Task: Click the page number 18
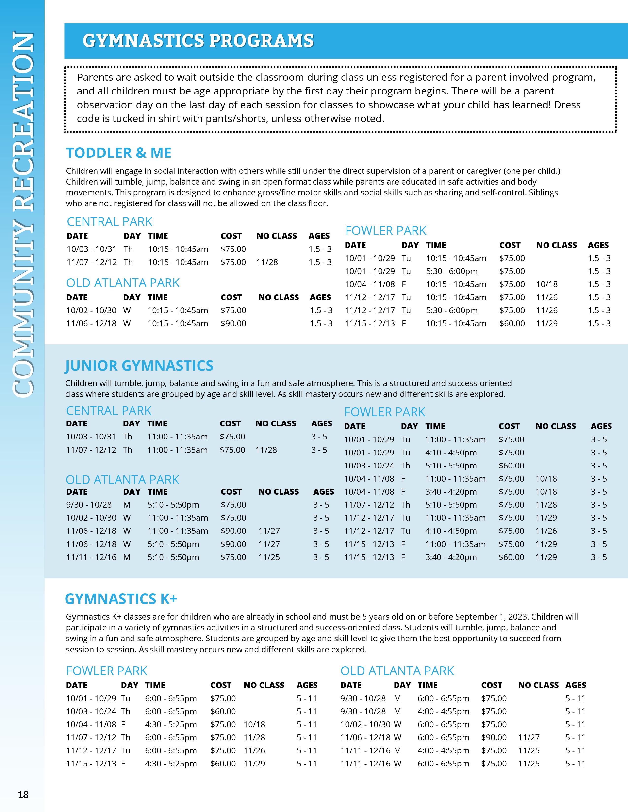click(23, 795)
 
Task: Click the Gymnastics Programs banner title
click(198, 41)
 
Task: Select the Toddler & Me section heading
click(119, 153)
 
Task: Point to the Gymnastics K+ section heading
click(121, 599)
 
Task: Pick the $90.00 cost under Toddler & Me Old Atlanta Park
click(233, 324)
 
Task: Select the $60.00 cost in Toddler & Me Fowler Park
click(512, 324)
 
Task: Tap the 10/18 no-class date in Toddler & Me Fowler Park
click(546, 284)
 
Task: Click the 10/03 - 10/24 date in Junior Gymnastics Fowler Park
click(368, 466)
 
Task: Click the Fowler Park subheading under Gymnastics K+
click(107, 671)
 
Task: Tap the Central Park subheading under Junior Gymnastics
click(109, 411)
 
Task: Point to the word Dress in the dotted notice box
click(567, 105)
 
